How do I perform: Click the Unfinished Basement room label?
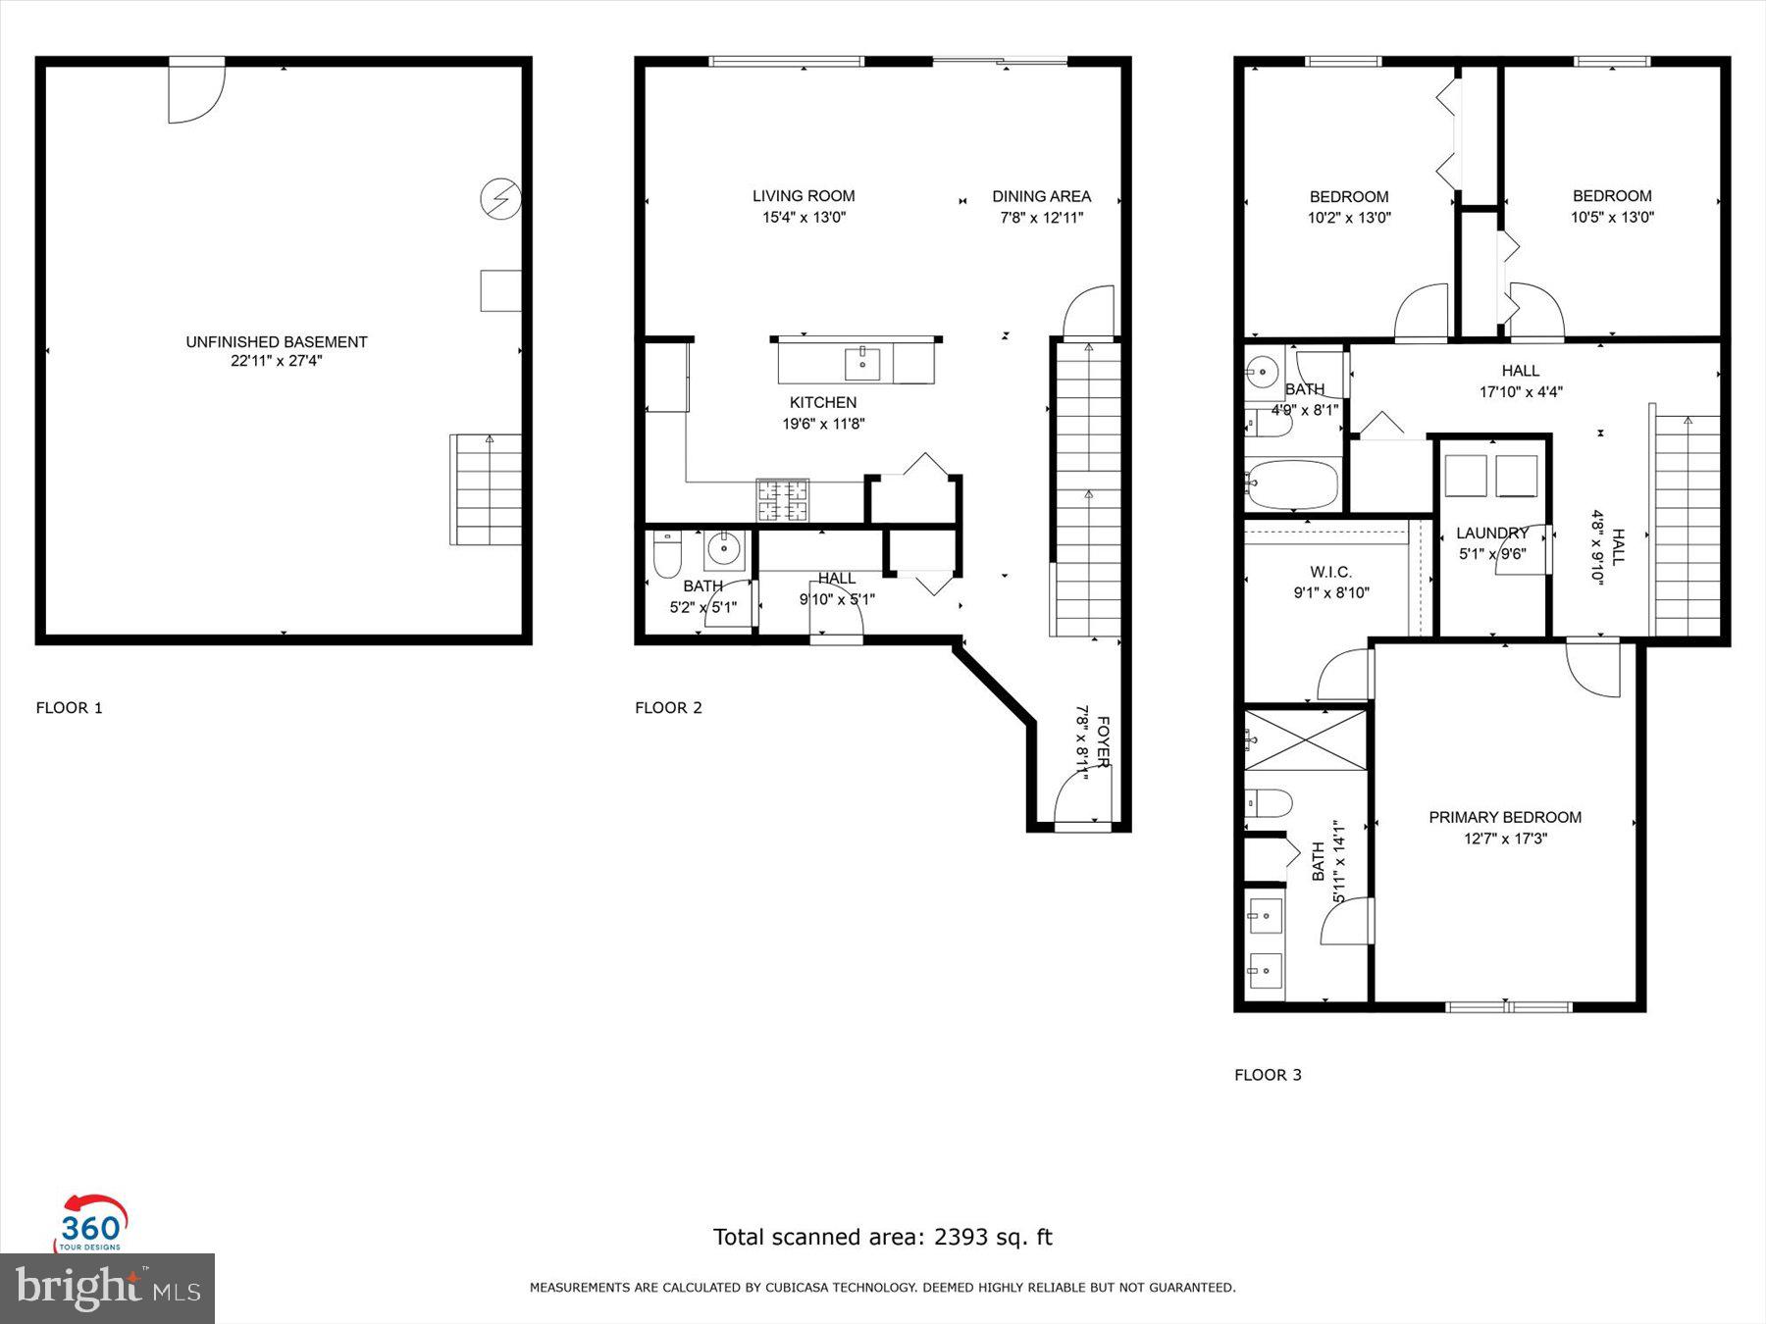click(x=277, y=341)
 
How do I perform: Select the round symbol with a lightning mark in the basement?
click(x=499, y=199)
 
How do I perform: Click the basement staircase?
click(x=486, y=489)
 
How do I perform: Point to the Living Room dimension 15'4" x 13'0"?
click(x=804, y=218)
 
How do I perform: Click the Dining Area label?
click(x=1041, y=196)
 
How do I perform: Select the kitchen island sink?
click(x=862, y=363)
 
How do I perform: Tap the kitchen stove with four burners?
click(x=782, y=499)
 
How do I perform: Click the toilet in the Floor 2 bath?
click(x=667, y=555)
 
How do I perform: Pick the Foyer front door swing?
click(x=1082, y=796)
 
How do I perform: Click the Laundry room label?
click(x=1491, y=533)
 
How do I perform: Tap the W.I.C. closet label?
click(x=1330, y=572)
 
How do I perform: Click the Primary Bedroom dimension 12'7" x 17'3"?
click(x=1505, y=839)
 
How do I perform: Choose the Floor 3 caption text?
click(x=1268, y=1075)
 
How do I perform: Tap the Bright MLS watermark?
click(x=107, y=1288)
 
